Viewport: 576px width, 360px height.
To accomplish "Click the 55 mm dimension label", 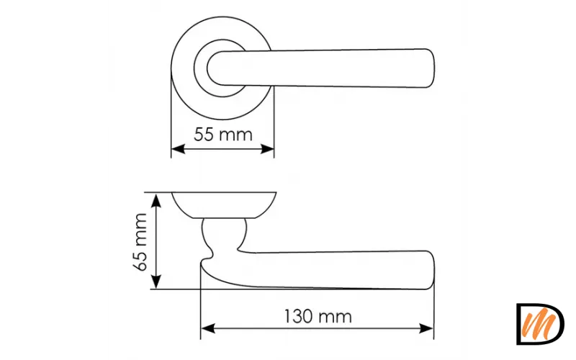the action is click(x=223, y=135).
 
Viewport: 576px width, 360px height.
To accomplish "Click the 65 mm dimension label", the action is click(x=140, y=242).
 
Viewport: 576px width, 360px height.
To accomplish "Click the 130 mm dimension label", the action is click(x=318, y=316).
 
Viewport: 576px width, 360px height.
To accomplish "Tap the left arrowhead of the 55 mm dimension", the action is click(x=178, y=149).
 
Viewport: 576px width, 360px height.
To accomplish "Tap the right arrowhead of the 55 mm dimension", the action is click(x=267, y=149).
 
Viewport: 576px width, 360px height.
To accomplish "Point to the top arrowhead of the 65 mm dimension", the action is click(x=156, y=202).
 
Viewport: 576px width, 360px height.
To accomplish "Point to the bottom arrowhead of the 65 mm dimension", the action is click(x=156, y=281).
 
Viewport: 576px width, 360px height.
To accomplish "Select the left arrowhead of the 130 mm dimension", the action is click(x=208, y=329).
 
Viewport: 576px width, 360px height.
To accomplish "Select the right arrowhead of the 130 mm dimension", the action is click(x=426, y=329).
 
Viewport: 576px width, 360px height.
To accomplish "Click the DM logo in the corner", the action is click(x=541, y=324).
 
